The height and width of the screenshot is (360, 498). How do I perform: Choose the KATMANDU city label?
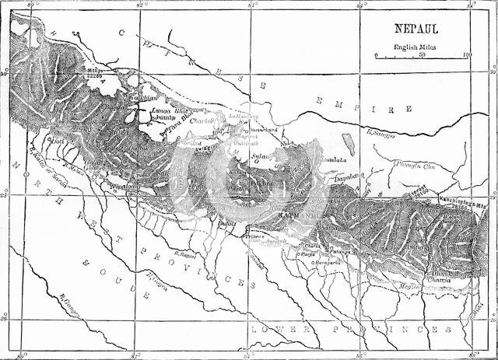304,209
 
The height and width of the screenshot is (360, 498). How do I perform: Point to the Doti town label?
56,141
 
